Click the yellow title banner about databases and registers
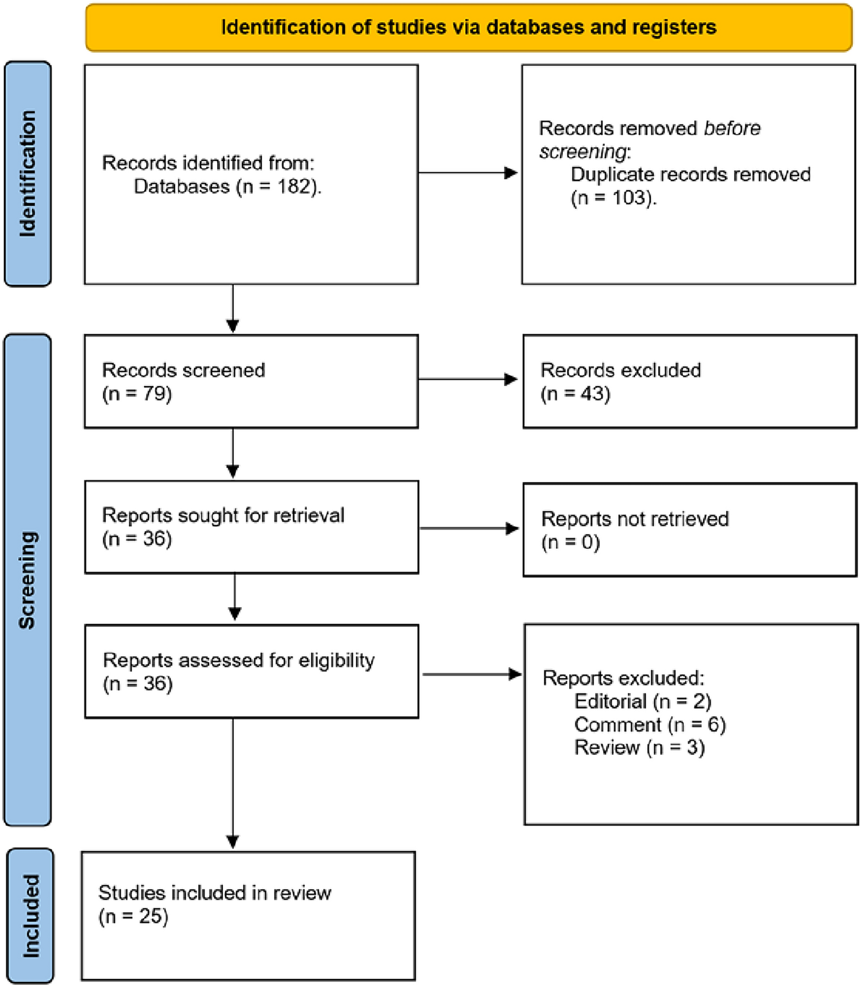tap(468, 28)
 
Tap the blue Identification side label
tap(28, 174)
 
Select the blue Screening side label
tap(28, 580)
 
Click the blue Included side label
tap(30, 916)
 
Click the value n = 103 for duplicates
tap(613, 198)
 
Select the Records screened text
tap(183, 371)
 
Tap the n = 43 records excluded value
tap(576, 394)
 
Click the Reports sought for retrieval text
tap(223, 515)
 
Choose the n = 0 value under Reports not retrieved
tap(570, 542)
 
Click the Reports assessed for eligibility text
tap(238, 660)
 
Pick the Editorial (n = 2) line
tap(642, 701)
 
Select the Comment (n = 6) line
tap(650, 725)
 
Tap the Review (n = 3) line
tap(639, 748)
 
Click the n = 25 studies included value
tap(133, 916)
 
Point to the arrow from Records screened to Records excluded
tap(468, 379)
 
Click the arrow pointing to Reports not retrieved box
tap(469, 529)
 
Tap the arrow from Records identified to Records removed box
tap(468, 172)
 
